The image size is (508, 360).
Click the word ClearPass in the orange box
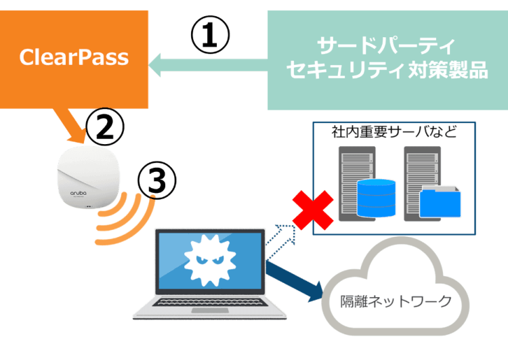pos(74,57)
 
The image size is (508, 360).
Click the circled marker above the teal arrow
pos(210,32)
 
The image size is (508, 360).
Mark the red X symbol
pos(312,209)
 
